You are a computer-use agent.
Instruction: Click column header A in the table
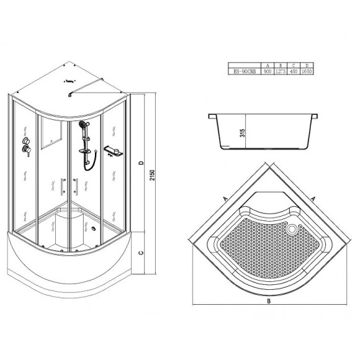[x=268, y=65]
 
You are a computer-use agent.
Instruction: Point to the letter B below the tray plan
[x=268, y=303]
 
